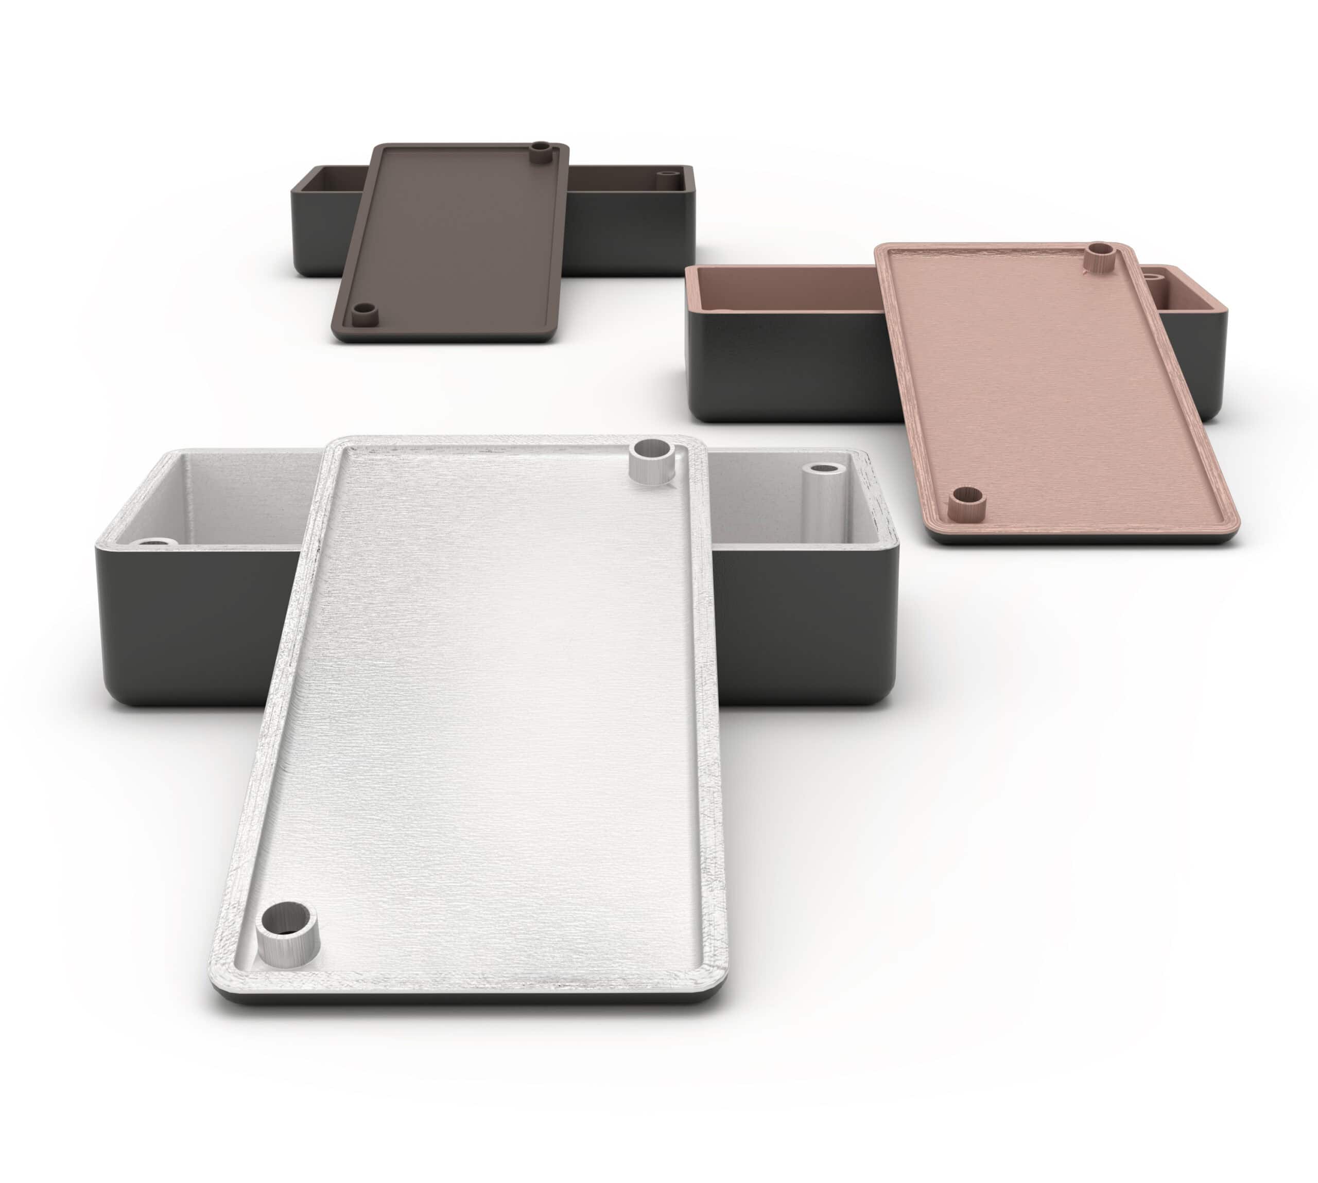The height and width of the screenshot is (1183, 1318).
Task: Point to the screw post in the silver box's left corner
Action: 155,541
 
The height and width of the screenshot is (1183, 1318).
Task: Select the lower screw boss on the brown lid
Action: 365,314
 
